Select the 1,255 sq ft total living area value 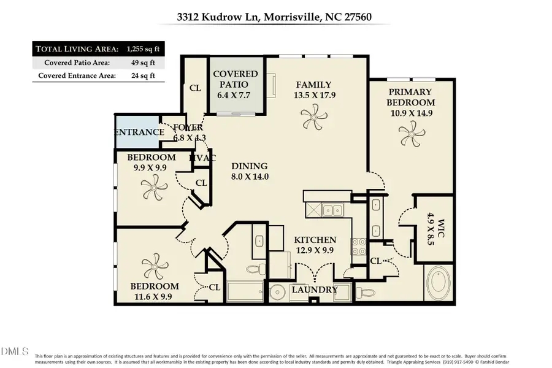pyautogui.click(x=142, y=49)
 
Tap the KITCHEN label pyautogui.click(x=315, y=240)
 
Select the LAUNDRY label pyautogui.click(x=314, y=289)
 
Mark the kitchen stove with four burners pyautogui.click(x=358, y=247)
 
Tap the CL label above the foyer pyautogui.click(x=195, y=88)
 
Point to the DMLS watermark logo pyautogui.click(x=15, y=351)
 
